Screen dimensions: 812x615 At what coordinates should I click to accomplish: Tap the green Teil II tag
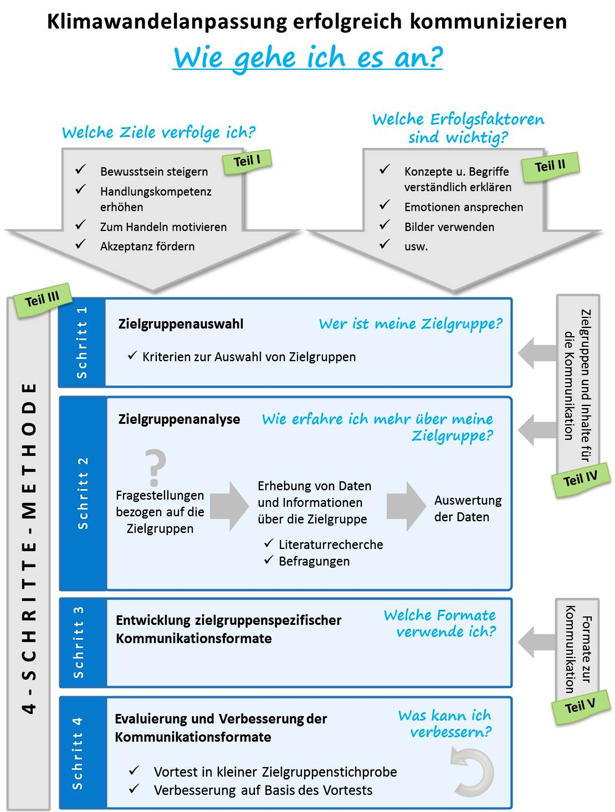tap(550, 166)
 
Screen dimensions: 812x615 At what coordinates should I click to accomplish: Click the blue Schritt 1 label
tap(81, 342)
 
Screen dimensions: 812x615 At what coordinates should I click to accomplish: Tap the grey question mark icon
tap(155, 467)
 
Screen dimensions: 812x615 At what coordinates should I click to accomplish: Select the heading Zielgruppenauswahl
tap(181, 324)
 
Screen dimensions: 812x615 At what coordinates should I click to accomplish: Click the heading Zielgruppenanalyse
tap(179, 419)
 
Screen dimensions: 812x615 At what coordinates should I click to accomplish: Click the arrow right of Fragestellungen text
tap(229, 506)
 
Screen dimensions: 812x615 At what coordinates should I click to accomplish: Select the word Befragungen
tap(314, 561)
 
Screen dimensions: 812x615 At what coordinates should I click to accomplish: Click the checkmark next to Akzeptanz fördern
tap(81, 244)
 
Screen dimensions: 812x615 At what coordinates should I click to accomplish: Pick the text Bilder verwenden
tap(449, 227)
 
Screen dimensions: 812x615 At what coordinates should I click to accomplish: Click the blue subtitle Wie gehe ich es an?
tap(307, 58)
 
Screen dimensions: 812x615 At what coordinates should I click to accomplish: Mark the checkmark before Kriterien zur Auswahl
tap(132, 355)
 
